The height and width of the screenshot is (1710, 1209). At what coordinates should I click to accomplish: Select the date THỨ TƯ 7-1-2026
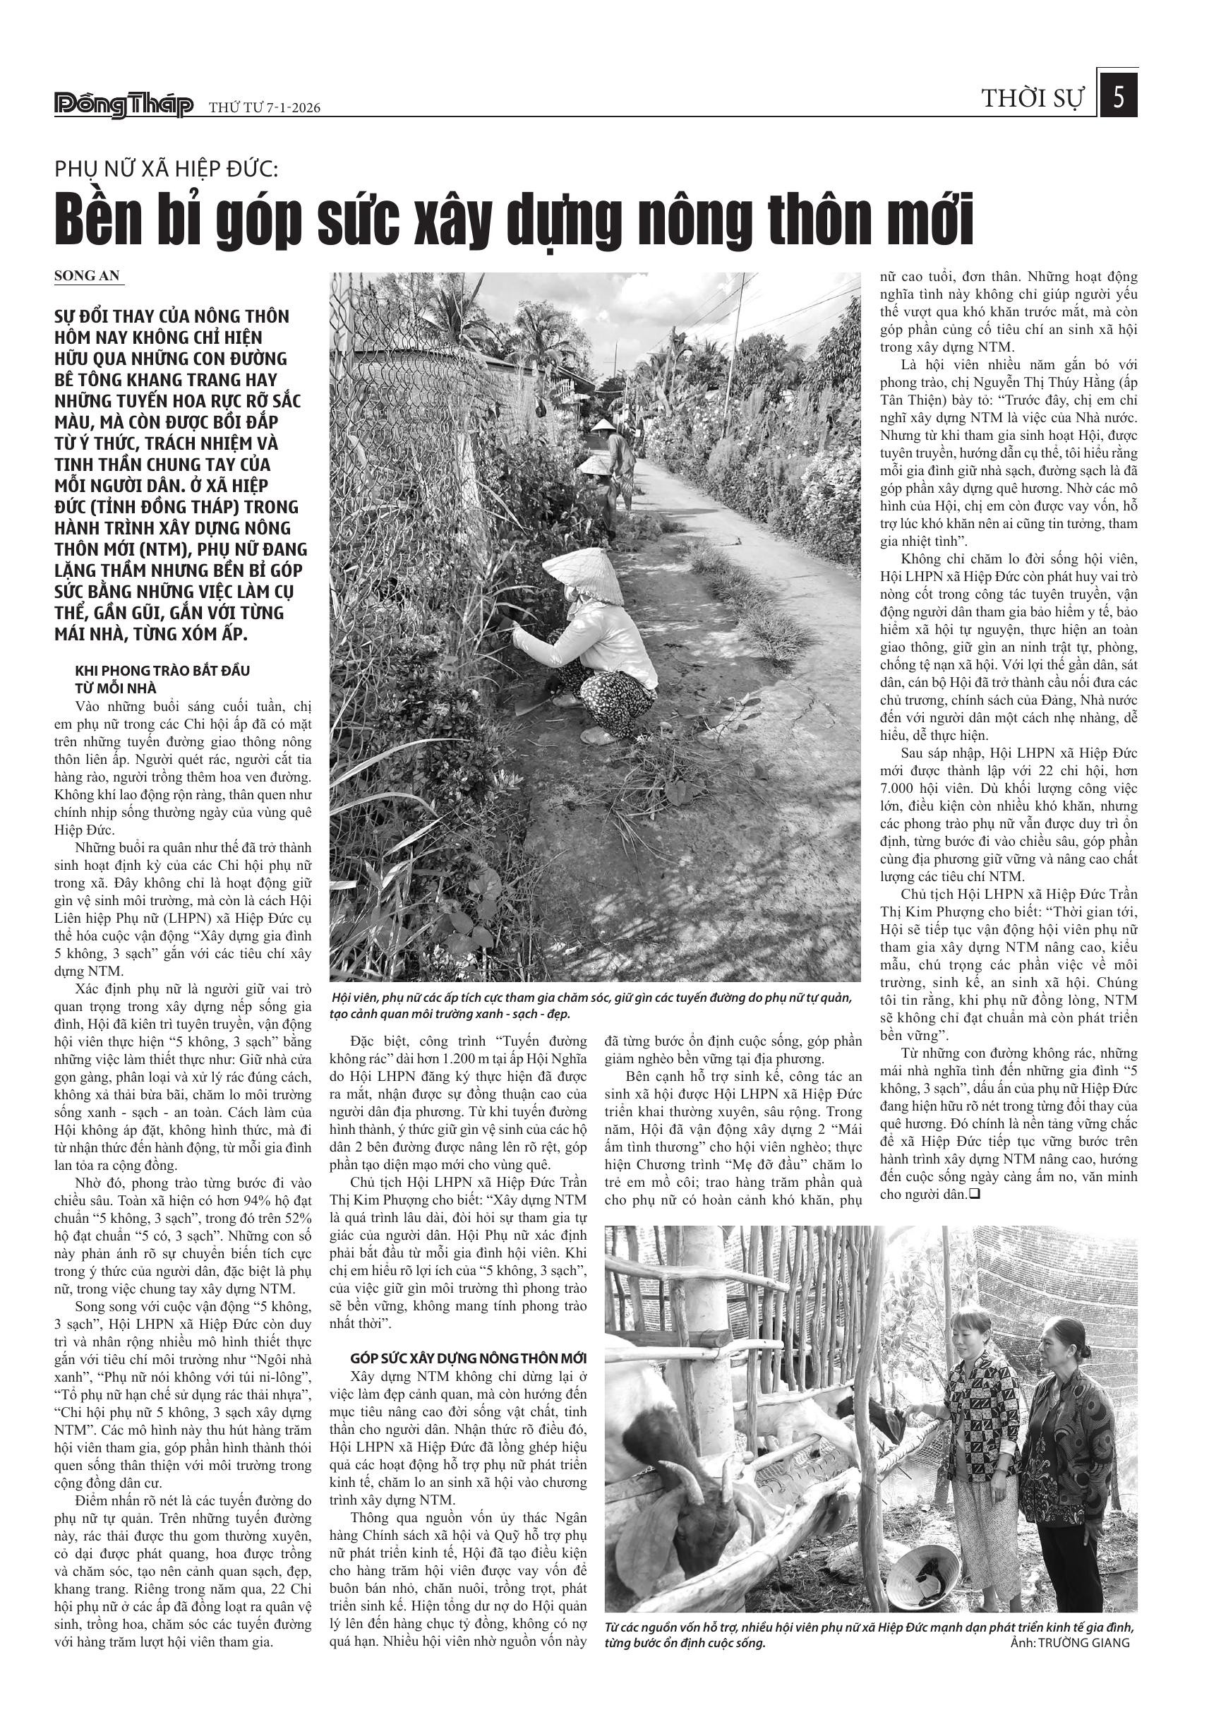pyautogui.click(x=264, y=108)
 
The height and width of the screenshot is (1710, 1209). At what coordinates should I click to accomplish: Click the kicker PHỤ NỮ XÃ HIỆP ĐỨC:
pyautogui.click(x=166, y=169)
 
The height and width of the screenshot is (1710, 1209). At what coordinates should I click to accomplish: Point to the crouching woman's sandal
pyautogui.click(x=596, y=736)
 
